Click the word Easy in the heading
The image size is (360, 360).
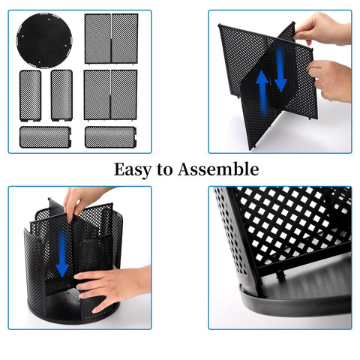click(x=132, y=169)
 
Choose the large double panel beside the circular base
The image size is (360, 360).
click(x=110, y=38)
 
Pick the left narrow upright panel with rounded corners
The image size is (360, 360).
click(x=31, y=94)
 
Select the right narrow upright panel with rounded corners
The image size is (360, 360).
click(x=61, y=94)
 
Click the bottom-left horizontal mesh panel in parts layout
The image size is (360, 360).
click(x=45, y=136)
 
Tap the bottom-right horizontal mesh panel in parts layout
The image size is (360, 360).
click(x=110, y=136)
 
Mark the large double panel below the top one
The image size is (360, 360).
click(x=110, y=94)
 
